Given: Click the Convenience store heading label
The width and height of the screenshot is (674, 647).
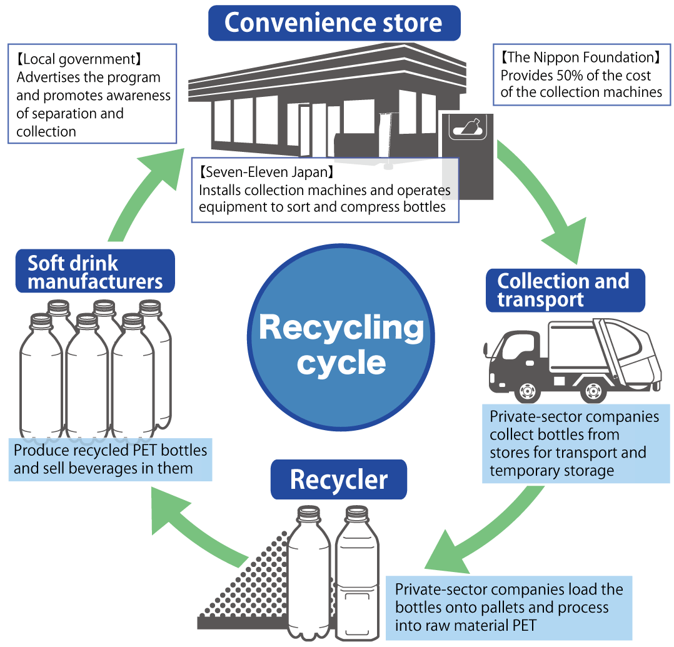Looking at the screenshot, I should [x=334, y=23].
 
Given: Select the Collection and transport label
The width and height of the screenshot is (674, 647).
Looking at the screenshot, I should [x=565, y=290].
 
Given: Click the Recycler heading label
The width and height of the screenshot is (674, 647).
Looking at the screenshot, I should [x=338, y=480].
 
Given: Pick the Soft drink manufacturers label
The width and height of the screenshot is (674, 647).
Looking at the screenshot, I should [x=95, y=272].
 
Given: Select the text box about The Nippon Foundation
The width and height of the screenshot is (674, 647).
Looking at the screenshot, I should [x=581, y=75].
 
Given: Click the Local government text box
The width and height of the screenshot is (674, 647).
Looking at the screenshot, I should [x=93, y=94].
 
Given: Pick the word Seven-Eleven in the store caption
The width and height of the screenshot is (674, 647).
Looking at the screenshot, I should [x=247, y=171].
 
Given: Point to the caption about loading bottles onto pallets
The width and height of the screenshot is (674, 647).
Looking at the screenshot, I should [x=509, y=607].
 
